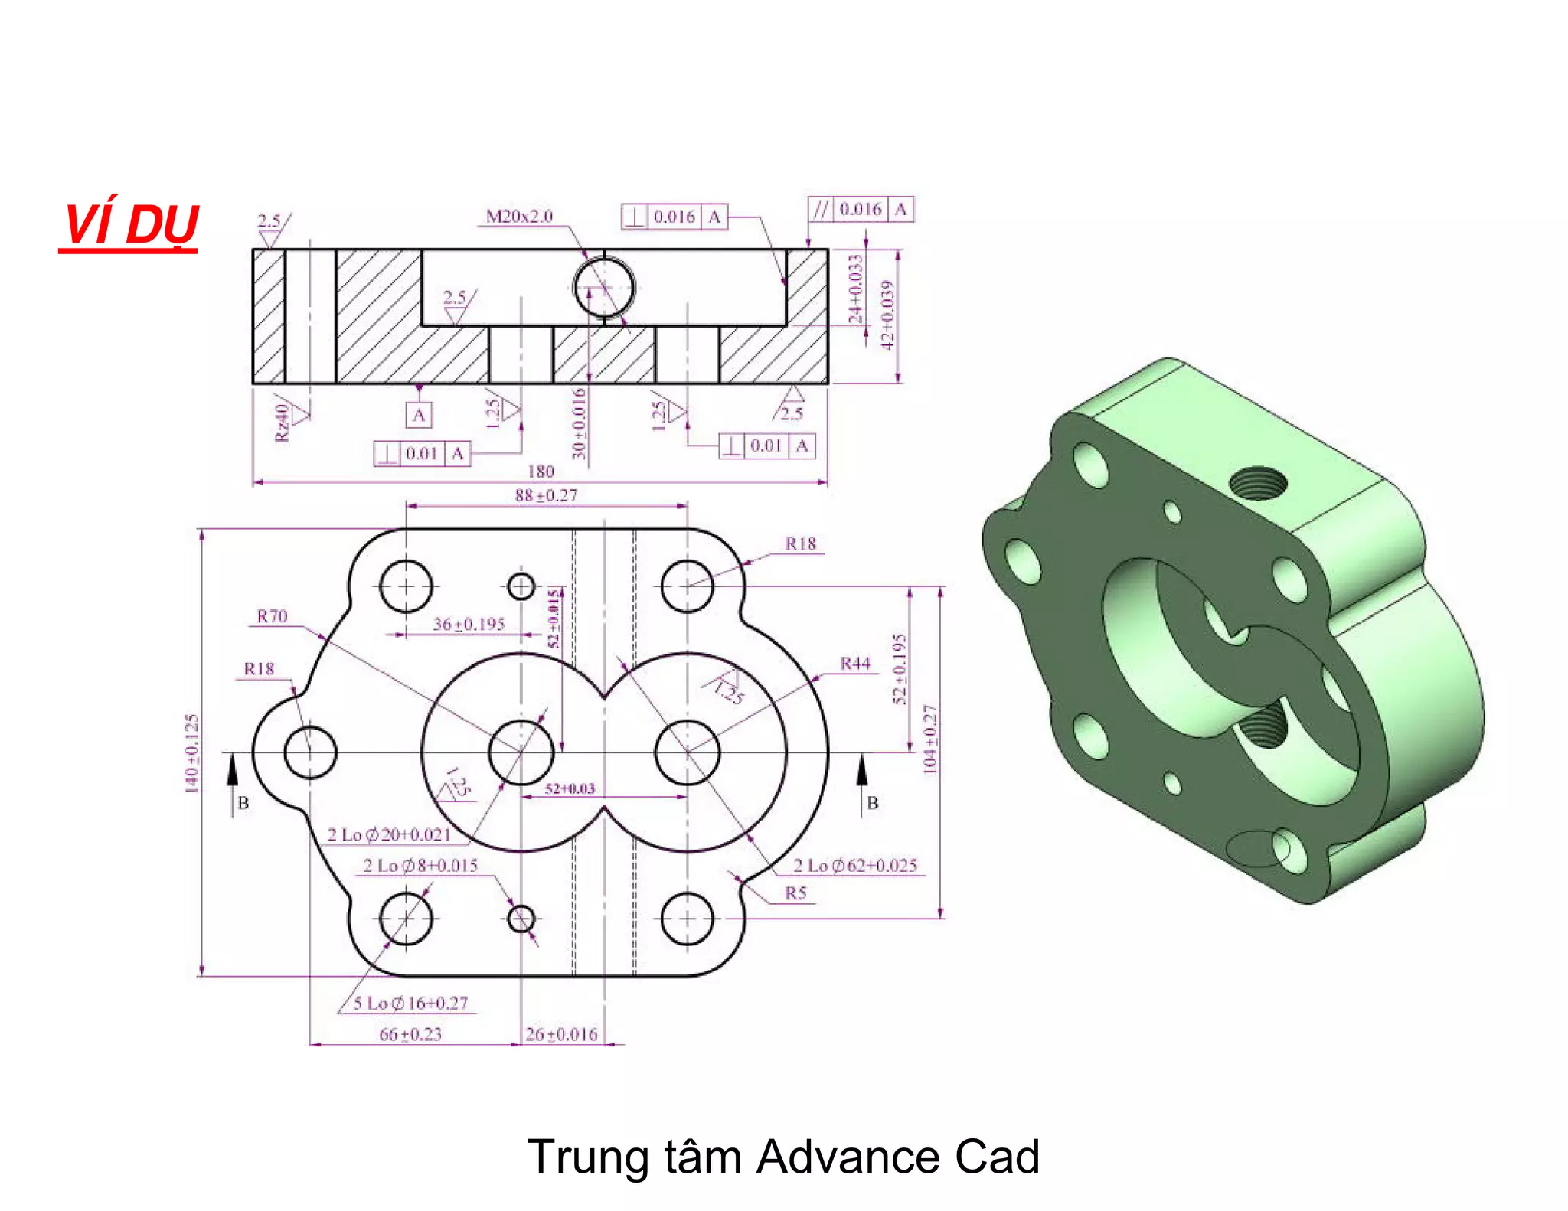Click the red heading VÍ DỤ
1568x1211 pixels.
(130, 224)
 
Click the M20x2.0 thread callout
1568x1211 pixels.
(519, 217)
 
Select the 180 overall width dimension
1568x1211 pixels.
(541, 472)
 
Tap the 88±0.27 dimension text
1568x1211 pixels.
(546, 495)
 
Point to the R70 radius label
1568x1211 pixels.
(272, 616)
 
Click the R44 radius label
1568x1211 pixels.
(855, 664)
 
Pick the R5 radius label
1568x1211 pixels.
(795, 893)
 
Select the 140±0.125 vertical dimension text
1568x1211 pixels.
(191, 753)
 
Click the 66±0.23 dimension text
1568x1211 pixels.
(410, 1034)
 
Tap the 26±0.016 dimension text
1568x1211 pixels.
(561, 1034)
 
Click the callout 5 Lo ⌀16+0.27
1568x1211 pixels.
(410, 1003)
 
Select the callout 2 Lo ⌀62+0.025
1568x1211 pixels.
(854, 866)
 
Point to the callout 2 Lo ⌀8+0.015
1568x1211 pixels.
(420, 866)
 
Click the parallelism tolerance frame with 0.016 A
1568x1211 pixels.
(861, 209)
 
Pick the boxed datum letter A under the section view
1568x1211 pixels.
(418, 416)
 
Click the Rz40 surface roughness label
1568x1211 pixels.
(282, 423)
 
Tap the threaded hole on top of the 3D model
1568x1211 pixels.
(1257, 483)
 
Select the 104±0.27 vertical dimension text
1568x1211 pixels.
(929, 739)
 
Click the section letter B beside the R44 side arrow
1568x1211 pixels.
(872, 803)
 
